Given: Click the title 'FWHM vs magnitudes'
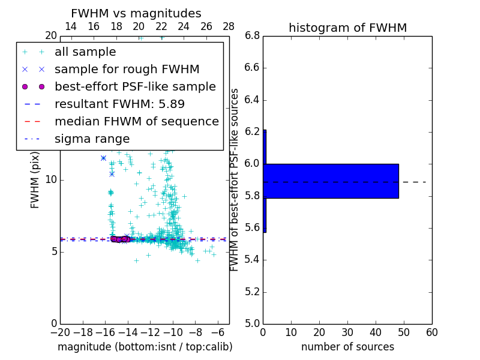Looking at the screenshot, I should [136, 13].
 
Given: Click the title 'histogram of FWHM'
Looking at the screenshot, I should [347, 28].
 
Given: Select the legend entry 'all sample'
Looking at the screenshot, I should [85, 52].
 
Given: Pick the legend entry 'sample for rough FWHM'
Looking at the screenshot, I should [127, 69].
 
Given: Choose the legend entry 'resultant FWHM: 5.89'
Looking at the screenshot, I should [119, 104].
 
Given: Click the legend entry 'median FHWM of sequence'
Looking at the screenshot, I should [136, 121].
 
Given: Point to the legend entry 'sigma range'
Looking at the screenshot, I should [92, 139].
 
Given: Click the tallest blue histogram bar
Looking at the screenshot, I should [331, 181].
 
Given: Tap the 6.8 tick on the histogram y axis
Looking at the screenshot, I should [251, 36].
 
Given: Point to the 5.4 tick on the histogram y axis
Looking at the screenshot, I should [251, 260].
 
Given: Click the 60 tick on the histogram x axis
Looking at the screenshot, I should [431, 332].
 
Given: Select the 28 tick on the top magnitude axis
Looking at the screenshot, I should [229, 26].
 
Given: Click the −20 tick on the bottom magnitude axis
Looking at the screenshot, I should [60, 332].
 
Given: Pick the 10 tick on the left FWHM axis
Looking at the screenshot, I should [50, 179].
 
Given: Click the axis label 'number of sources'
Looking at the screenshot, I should [347, 347].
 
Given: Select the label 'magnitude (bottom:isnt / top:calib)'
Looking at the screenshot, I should [145, 347].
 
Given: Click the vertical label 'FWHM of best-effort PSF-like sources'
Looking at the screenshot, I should [235, 179].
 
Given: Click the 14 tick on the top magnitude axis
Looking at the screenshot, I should [70, 26].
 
